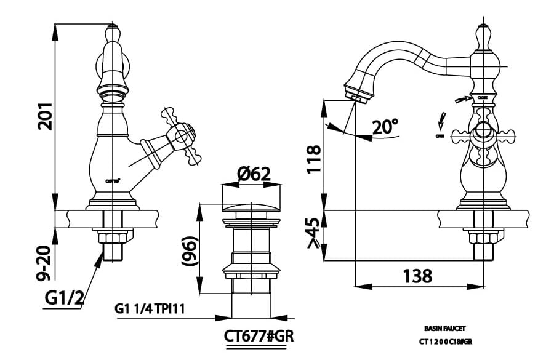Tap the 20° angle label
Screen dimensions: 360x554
pyautogui.click(x=386, y=127)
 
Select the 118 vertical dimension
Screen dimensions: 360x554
pyautogui.click(x=314, y=159)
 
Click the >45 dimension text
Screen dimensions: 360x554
pyautogui.click(x=314, y=234)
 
